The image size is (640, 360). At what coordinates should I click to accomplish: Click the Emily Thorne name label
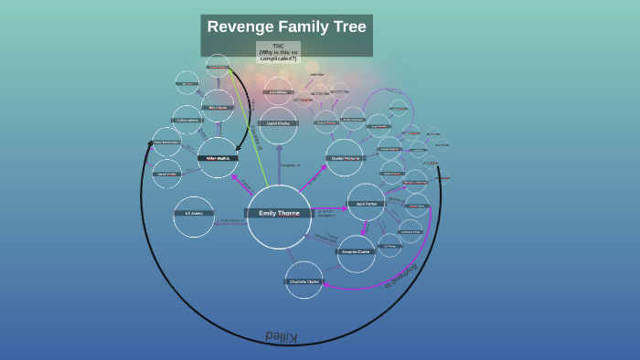(x=278, y=213)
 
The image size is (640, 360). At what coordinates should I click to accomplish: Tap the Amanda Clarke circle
(x=356, y=253)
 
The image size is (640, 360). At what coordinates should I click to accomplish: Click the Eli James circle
(x=194, y=217)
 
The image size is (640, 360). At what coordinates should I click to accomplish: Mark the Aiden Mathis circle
(x=218, y=158)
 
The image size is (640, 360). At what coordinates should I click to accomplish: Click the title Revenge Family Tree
(x=286, y=27)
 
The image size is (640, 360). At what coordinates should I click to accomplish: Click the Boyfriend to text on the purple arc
(x=399, y=273)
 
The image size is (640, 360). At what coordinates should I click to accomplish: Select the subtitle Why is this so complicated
(x=278, y=55)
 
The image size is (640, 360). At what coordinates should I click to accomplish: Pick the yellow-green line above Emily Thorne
(x=254, y=137)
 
